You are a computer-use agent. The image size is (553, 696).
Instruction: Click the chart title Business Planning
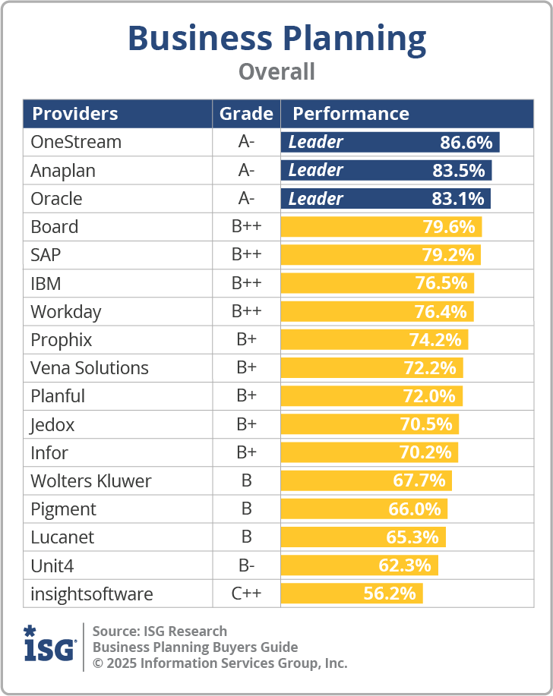coord(276,38)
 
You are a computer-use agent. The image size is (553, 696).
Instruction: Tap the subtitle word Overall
coord(276,72)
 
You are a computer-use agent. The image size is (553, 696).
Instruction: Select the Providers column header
coord(74,114)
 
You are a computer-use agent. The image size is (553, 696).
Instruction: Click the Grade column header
coord(246,114)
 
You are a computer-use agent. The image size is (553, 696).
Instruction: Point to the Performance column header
coord(351,114)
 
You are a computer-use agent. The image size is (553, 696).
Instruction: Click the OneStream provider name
coord(76,142)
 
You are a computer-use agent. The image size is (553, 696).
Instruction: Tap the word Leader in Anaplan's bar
coord(316,170)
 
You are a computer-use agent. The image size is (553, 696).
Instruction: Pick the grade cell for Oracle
coord(246,199)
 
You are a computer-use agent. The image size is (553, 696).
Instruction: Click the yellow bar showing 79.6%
coord(381,227)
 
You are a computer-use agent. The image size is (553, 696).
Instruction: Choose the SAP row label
coord(46,255)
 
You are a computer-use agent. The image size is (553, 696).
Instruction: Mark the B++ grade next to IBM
coord(246,284)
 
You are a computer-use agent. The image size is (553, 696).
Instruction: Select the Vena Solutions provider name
coord(90,368)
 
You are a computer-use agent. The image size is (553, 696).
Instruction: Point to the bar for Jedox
coord(369,424)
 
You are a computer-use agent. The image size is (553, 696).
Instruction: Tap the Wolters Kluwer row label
coord(91,481)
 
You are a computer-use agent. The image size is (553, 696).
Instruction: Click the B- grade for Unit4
coord(246,565)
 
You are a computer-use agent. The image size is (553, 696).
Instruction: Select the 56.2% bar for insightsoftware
coord(351,594)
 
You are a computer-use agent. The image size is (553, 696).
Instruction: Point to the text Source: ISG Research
coord(160,631)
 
